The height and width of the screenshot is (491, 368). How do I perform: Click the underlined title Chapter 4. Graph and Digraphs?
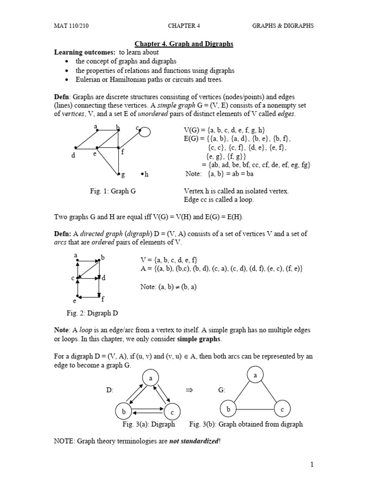(x=185, y=44)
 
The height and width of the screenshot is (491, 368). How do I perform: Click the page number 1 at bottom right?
(x=311, y=464)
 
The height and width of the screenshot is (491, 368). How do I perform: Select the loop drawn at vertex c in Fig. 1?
(x=144, y=131)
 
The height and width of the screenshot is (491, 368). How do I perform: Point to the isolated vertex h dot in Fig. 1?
(x=142, y=174)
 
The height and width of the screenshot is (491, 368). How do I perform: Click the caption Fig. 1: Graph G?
(x=113, y=191)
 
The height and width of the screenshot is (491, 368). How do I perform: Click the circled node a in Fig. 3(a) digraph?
(x=150, y=379)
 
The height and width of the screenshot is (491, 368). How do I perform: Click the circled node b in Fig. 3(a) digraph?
(x=124, y=411)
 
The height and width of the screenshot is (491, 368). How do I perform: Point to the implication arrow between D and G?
(x=188, y=390)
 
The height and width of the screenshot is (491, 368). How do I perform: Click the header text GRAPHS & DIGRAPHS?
(x=283, y=25)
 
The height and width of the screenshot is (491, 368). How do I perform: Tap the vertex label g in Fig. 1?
(x=123, y=175)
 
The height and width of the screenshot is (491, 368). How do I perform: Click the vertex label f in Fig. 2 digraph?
(x=103, y=299)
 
